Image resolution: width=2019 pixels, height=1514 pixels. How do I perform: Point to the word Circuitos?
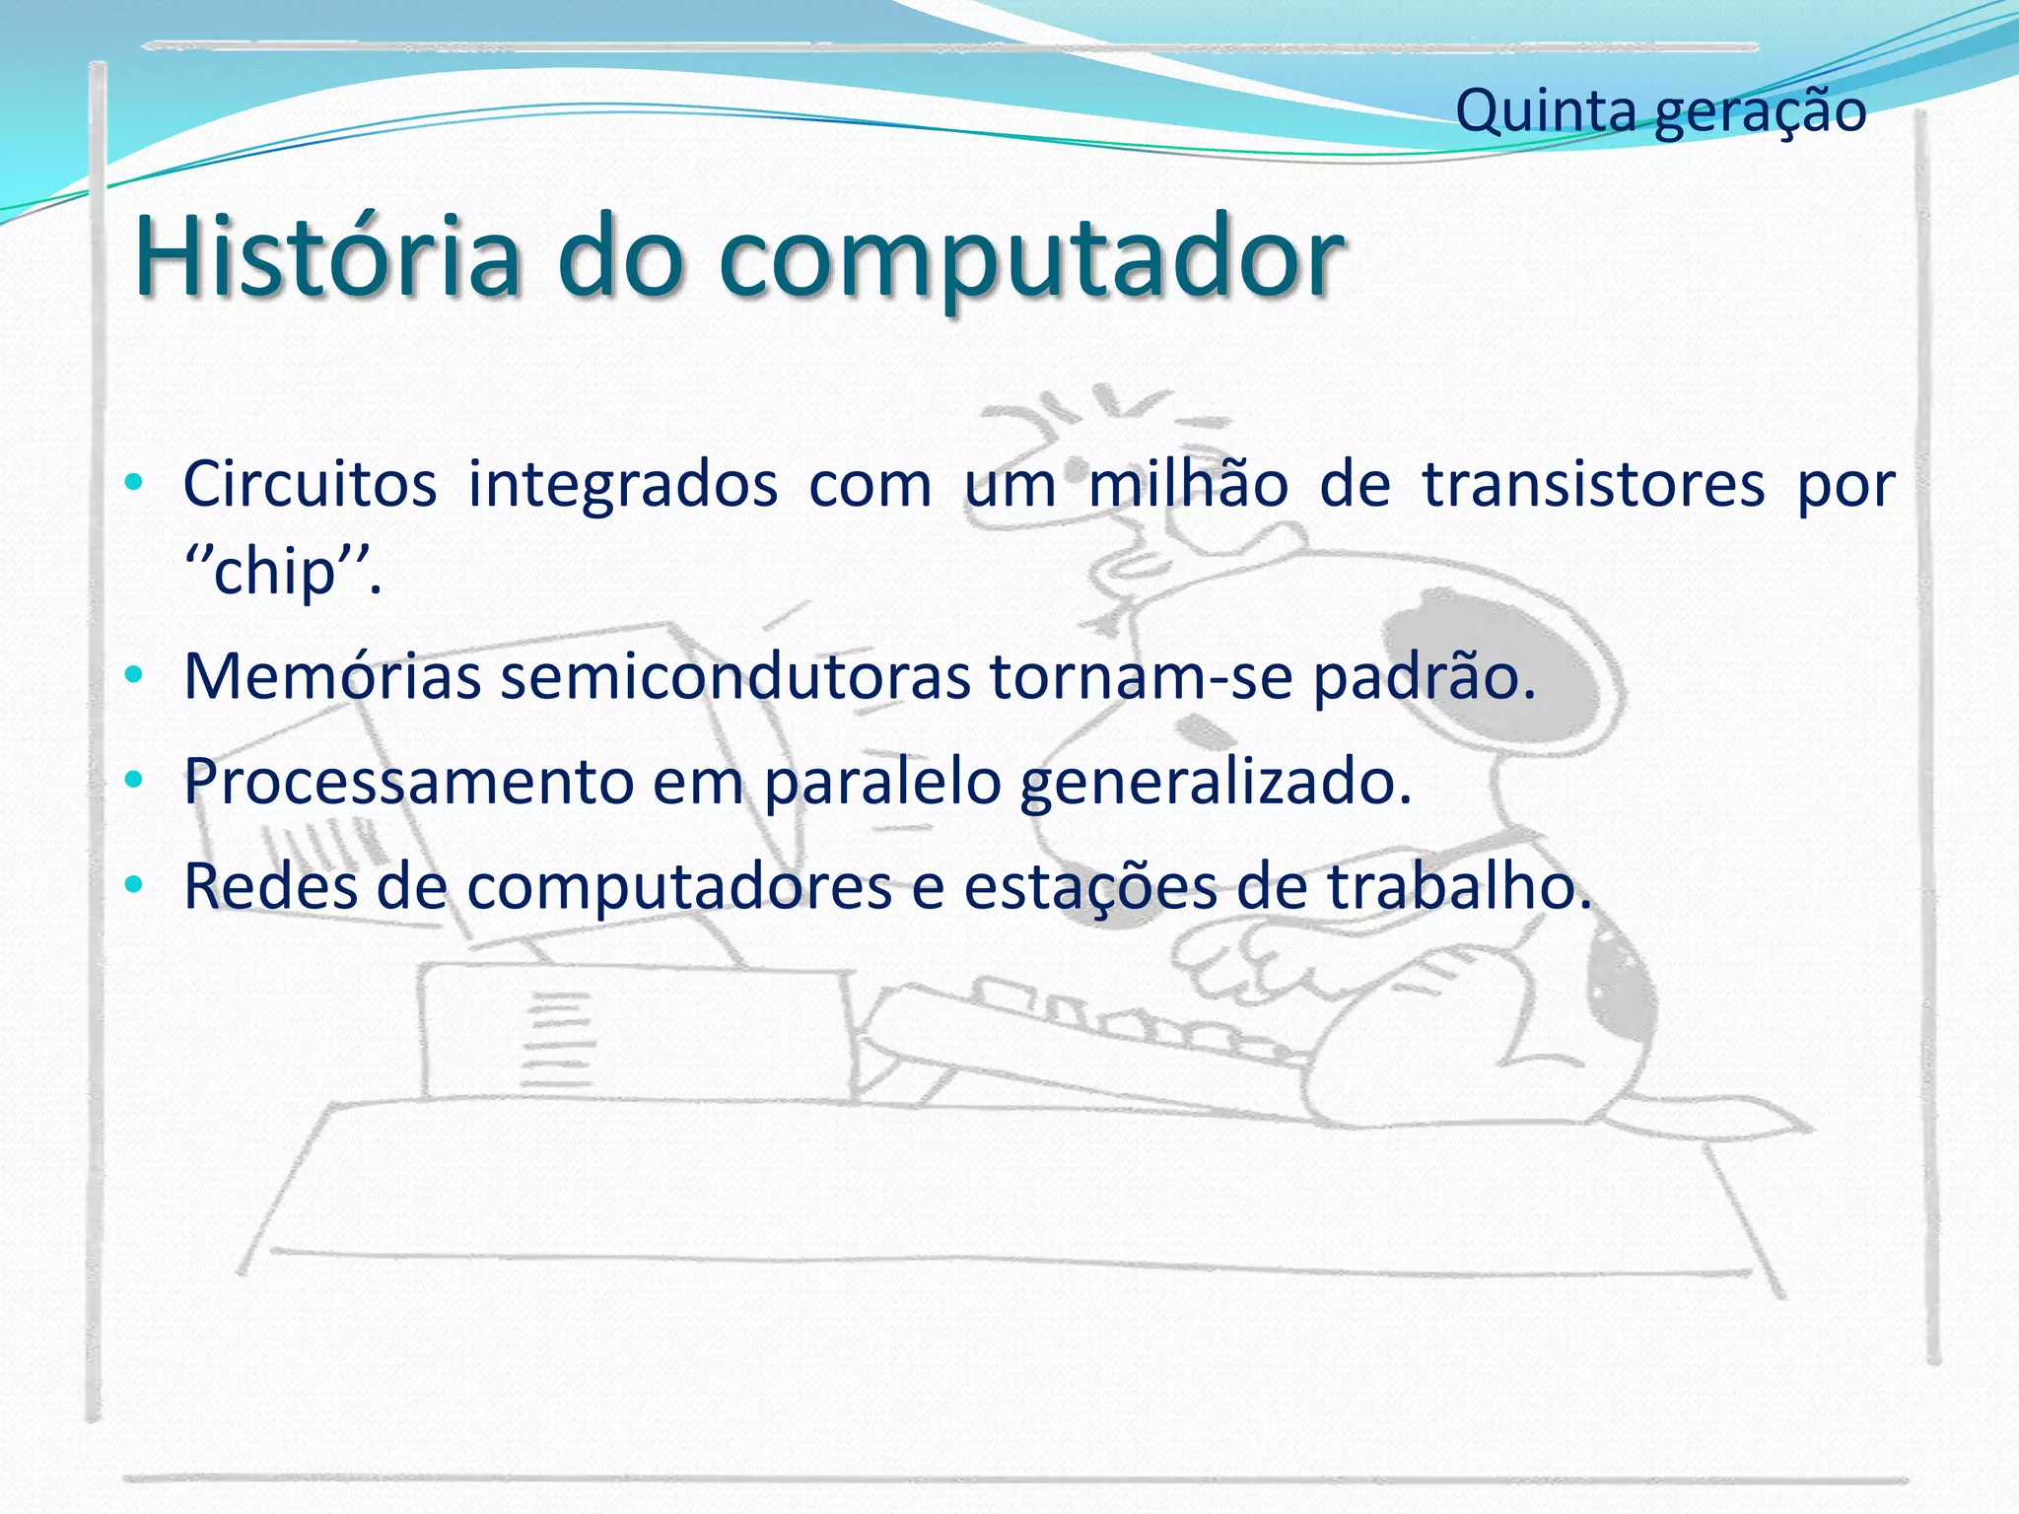[x=310, y=484]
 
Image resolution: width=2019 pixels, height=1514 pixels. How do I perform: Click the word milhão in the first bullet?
[x=1188, y=484]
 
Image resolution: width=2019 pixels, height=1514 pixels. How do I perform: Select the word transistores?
[x=1593, y=484]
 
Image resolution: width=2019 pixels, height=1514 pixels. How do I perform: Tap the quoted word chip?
[x=276, y=572]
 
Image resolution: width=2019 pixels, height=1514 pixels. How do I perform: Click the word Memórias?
[x=332, y=677]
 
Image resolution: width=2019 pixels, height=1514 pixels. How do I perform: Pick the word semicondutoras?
[x=735, y=677]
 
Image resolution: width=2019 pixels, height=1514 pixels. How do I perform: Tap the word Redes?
[x=270, y=885]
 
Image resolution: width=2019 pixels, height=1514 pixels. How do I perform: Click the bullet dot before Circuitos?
[x=136, y=484]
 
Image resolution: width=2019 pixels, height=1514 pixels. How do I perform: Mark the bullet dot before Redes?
[x=136, y=883]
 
